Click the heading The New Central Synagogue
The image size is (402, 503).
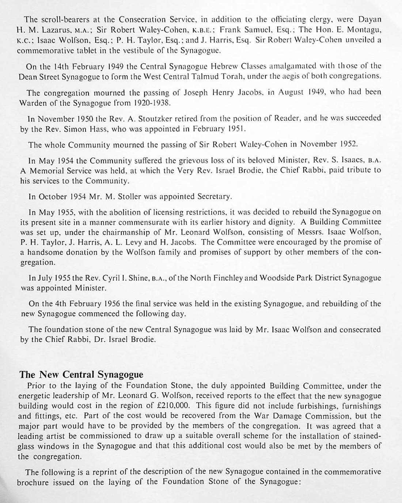[x=81, y=374]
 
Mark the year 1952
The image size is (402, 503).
[x=347, y=144]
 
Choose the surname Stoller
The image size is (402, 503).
[x=130, y=197]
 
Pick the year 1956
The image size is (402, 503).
[x=114, y=304]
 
